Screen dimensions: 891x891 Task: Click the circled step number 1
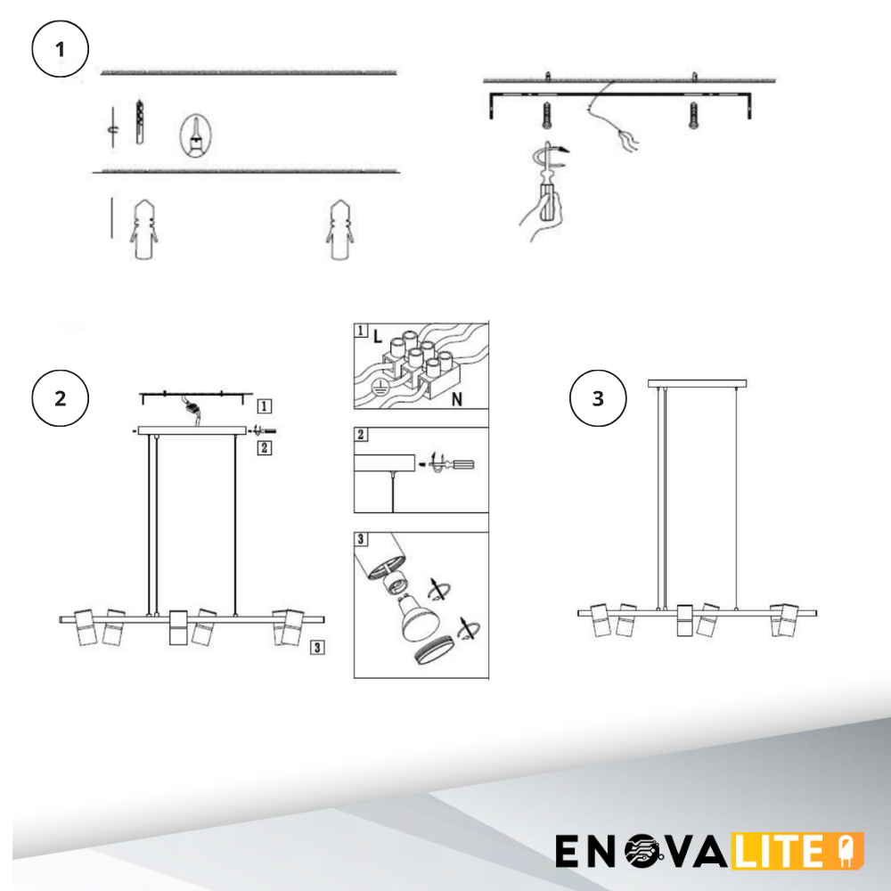tap(61, 49)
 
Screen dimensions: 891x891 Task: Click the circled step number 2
tap(61, 398)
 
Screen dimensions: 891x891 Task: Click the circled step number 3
tap(598, 398)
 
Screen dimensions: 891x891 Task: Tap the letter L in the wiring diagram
tap(378, 337)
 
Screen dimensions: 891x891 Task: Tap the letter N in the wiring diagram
tap(457, 400)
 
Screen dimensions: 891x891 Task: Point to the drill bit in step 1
tap(140, 122)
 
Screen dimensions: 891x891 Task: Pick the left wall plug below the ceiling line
tap(144, 230)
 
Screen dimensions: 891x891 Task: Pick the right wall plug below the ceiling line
tap(339, 230)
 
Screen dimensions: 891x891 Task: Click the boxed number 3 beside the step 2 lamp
tap(317, 647)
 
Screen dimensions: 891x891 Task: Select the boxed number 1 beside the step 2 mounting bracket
tap(265, 406)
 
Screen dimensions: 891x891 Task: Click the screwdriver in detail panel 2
tap(453, 465)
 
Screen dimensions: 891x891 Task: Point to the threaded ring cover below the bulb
tap(436, 650)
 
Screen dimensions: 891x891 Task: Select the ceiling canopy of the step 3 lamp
tap(698, 384)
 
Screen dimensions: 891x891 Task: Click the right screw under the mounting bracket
tap(694, 115)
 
